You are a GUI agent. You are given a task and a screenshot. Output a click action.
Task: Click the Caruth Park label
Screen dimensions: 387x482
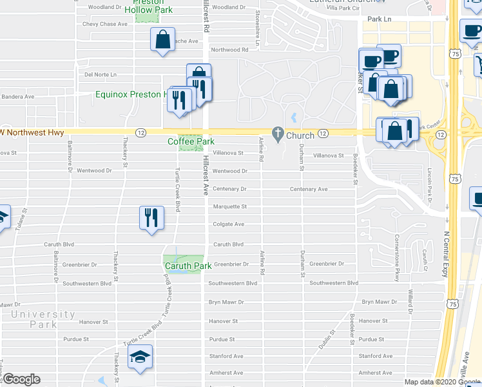(188, 266)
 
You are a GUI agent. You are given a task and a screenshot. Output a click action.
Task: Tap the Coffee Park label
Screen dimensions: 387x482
(191, 141)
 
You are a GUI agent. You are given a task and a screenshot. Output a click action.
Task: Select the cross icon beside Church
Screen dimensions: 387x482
(278, 135)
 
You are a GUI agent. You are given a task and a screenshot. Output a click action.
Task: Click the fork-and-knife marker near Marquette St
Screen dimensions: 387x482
(150, 217)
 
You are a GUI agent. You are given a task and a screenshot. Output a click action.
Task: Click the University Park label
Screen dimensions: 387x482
(43, 319)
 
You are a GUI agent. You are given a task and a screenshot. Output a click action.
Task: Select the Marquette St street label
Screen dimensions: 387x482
(230, 207)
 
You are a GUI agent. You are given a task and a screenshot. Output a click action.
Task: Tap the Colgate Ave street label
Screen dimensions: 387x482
(229, 224)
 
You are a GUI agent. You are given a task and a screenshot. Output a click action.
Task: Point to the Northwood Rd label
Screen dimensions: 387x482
(229, 50)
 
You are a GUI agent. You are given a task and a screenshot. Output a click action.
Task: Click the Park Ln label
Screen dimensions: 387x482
(375, 20)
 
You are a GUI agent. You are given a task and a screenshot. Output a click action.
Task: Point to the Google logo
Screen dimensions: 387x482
(21, 379)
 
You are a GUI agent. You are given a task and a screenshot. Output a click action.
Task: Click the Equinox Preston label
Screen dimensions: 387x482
(128, 94)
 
